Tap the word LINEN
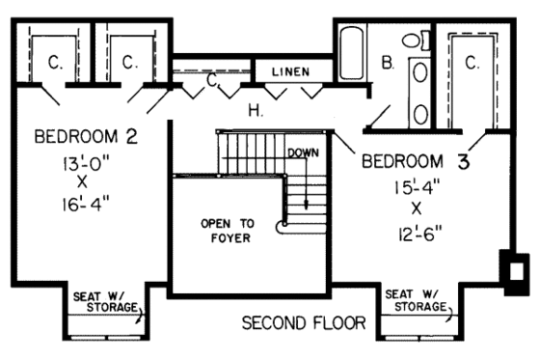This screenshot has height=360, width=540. pyautogui.click(x=290, y=72)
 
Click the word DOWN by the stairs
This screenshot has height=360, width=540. pyautogui.click(x=303, y=152)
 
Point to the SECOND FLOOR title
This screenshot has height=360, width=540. pyautogui.click(x=304, y=321)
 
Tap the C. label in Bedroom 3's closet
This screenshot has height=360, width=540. pyautogui.click(x=472, y=63)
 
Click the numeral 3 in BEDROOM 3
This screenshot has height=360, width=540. pyautogui.click(x=463, y=161)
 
